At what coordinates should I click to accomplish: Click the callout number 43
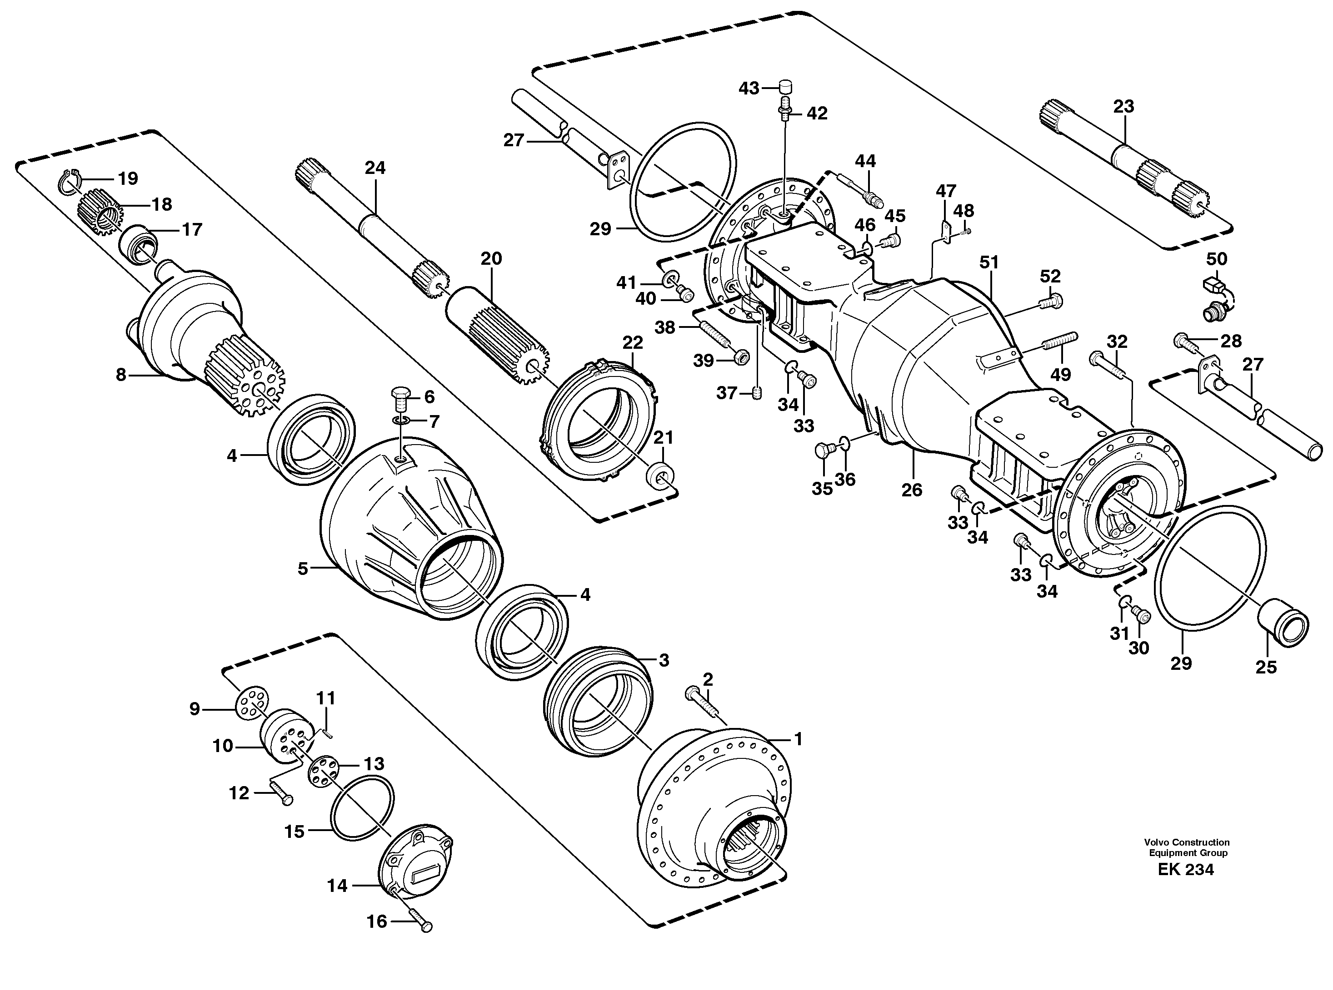749,89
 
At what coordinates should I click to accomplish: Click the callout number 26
911,490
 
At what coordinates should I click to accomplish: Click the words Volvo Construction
1186,842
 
